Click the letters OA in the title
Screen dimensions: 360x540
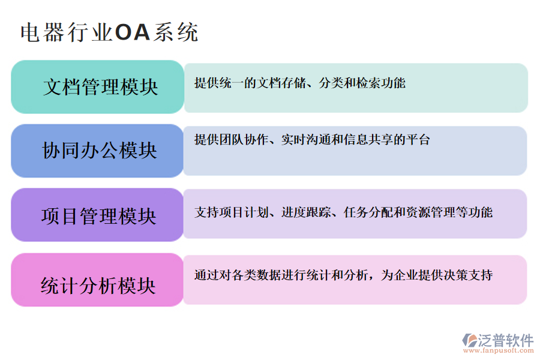(x=132, y=32)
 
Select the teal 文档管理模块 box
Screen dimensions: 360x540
(x=98, y=87)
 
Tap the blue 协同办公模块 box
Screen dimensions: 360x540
(x=98, y=151)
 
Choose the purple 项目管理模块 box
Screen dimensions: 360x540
(x=98, y=215)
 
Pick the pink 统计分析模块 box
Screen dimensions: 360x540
(x=98, y=280)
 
